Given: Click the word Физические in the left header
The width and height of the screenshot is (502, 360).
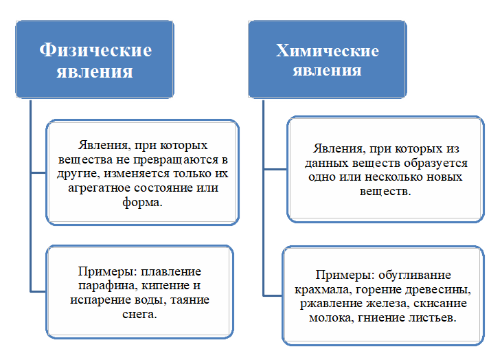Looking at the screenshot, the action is (95, 51).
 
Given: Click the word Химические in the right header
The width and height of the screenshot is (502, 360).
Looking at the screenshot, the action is (327, 51).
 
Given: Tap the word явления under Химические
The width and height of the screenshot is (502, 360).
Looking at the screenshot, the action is (327, 70).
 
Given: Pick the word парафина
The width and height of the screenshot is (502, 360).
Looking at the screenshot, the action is (108, 286).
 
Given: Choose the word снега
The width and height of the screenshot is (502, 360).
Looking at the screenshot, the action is (139, 314).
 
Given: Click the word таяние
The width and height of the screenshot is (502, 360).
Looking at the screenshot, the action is (190, 300).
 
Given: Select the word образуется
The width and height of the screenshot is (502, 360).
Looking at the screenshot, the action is (435, 164).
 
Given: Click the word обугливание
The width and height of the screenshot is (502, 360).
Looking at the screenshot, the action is (415, 275).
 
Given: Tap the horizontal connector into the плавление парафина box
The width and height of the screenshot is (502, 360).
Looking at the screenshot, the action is (38, 291).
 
